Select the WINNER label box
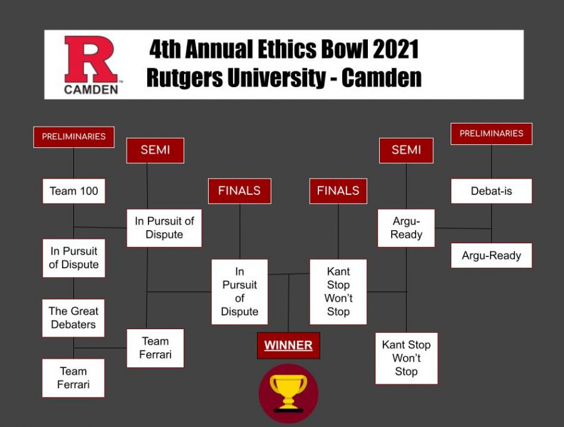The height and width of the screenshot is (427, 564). coord(288,345)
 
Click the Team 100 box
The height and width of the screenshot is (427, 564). coord(74,191)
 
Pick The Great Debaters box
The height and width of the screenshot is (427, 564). coord(73,317)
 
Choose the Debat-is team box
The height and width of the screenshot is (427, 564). coord(491,191)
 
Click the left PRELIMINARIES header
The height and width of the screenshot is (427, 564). coord(74,137)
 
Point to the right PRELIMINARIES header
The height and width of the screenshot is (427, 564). coord(491,134)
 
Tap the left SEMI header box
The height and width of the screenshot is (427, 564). coord(155,150)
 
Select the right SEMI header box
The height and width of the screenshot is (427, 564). coord(406,150)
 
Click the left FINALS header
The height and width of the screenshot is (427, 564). coord(239,191)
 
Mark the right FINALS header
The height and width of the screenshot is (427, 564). coord(338,191)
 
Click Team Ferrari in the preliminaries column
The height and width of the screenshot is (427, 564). coord(73,377)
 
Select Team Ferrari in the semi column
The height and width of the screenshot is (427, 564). coord(155,348)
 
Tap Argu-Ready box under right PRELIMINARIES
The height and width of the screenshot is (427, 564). coord(491,255)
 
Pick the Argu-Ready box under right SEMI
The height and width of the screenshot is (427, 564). coord(406,228)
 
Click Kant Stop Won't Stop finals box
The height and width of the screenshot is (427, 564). coord(338,292)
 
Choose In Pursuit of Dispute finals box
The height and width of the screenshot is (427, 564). coord(239,292)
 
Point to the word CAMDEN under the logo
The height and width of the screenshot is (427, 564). coord(91,89)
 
